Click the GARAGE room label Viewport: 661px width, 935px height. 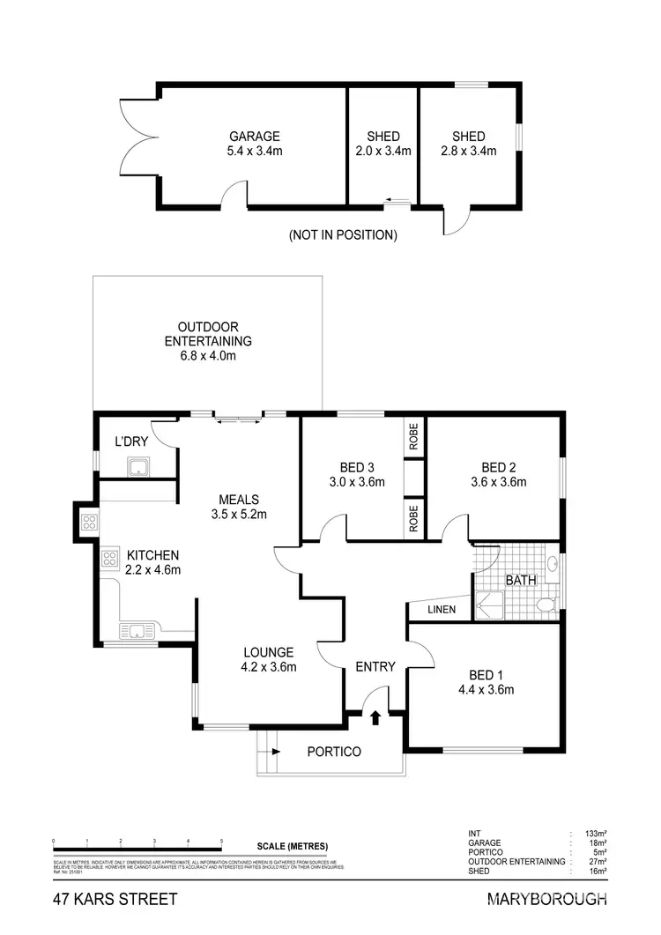pos(255,137)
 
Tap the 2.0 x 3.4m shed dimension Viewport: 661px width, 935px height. pos(383,152)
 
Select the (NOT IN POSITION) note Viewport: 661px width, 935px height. pos(343,235)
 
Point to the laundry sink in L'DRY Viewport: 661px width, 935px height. pos(138,466)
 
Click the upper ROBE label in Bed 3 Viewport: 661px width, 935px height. pos(413,436)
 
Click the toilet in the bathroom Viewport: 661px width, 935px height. pos(546,604)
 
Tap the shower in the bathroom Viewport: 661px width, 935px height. pos(489,605)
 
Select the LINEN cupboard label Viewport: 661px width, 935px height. pos(441,610)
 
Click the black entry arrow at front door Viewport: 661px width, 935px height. pos(376,718)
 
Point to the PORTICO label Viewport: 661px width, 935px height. pos(334,752)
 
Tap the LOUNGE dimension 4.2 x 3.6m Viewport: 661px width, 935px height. pos(269,667)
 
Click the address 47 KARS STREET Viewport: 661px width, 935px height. pos(115,900)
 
